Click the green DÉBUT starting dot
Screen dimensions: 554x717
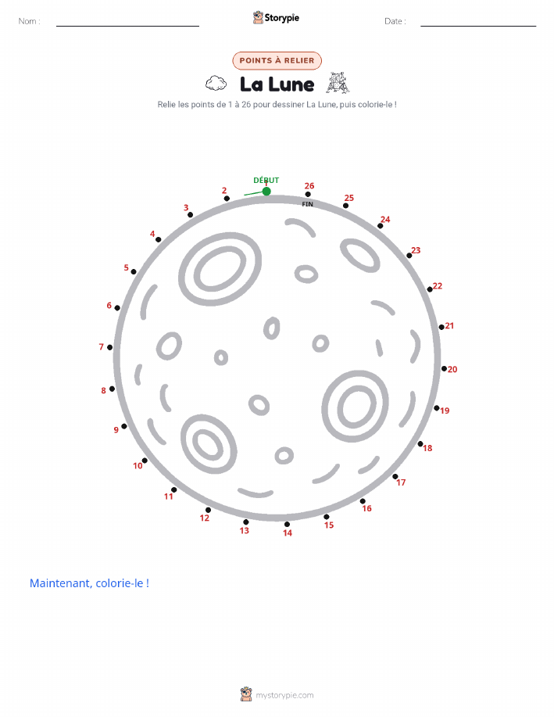coord(266,191)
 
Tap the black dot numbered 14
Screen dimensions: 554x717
coord(287,525)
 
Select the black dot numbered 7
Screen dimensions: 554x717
coord(109,347)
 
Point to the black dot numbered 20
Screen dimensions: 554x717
coord(444,368)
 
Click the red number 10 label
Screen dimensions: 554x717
coord(138,466)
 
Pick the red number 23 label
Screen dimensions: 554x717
coord(416,250)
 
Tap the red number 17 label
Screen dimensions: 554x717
coord(401,482)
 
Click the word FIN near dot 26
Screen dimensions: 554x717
coord(308,204)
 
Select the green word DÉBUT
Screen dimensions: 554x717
coord(266,180)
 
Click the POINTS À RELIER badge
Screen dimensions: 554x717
coord(277,61)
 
